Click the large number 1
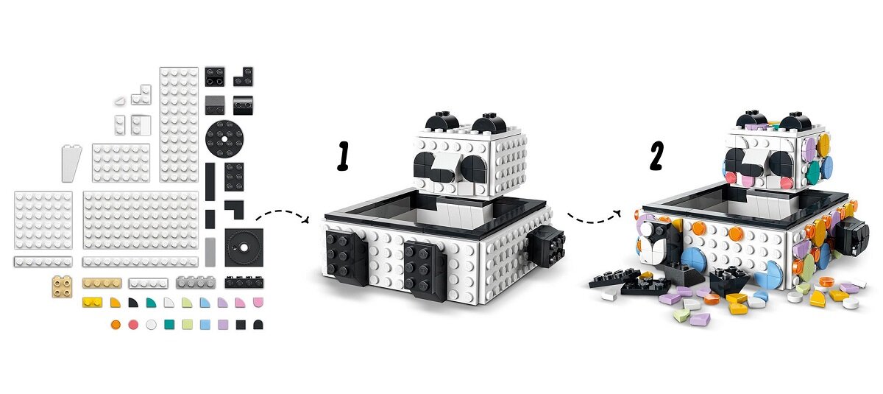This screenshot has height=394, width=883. (x=344, y=156)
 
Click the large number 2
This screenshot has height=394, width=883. (x=656, y=156)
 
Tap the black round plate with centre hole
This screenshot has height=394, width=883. (x=224, y=139)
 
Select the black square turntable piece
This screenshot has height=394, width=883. (x=244, y=247)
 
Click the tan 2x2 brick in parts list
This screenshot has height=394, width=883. (x=63, y=286)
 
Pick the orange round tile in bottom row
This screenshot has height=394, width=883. (x=116, y=325)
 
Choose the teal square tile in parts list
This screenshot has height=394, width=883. (x=169, y=325)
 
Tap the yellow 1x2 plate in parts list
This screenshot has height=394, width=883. (x=92, y=302)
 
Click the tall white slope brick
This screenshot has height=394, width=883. (x=71, y=163)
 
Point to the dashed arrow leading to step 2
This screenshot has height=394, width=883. (x=594, y=218)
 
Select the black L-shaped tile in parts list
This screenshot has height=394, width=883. (x=235, y=209)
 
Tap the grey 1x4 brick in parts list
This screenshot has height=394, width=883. (x=196, y=282)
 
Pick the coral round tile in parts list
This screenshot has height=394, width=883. (x=133, y=325)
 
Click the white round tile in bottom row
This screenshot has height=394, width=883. (x=151, y=325)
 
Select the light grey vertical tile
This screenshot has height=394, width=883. (x=210, y=252)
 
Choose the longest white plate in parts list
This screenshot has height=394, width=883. (x=141, y=261)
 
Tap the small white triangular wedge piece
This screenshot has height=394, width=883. (x=120, y=102)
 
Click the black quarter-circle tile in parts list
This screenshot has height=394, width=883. (x=133, y=303)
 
